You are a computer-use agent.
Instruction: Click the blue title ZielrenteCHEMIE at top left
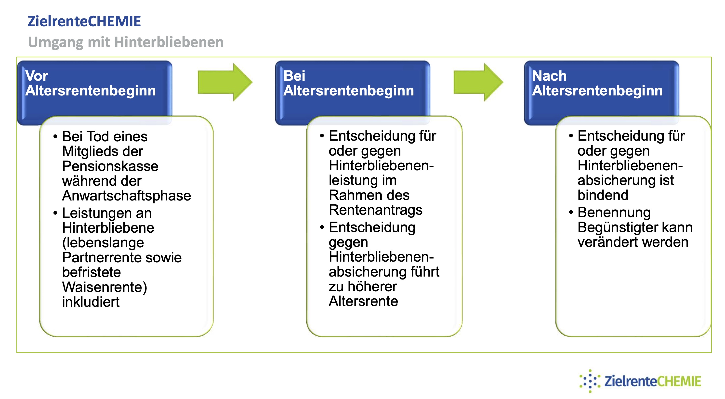84,21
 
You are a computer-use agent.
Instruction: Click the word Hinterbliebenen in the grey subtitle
169,42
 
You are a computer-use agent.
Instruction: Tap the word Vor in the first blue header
37,76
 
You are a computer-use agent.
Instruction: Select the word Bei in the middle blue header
294,76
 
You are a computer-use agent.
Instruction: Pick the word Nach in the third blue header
549,76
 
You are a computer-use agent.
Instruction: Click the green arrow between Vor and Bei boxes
225,82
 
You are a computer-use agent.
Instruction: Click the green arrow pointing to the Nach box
478,82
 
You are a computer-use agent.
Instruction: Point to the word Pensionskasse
110,166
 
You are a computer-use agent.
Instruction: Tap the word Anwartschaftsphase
126,196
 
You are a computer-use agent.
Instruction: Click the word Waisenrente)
105,287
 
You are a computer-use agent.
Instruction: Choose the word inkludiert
91,302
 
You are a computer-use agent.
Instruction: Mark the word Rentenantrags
375,210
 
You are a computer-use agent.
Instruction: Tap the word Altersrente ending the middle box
363,301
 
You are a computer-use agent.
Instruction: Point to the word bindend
603,195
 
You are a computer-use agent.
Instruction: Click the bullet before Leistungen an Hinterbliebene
55,213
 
